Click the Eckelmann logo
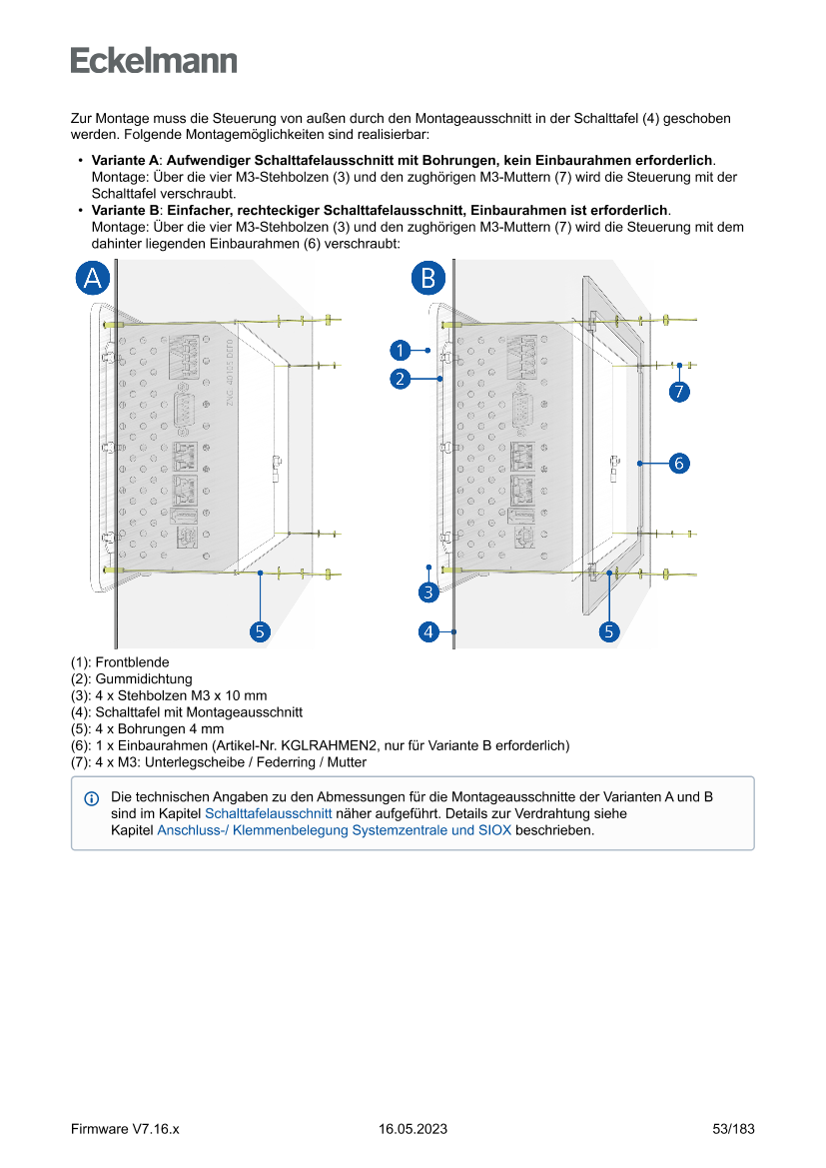tap(154, 60)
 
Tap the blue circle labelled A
tap(93, 278)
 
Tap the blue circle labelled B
tap(427, 278)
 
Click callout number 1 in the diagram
tap(400, 350)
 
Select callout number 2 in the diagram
tap(400, 379)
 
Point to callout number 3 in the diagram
tap(428, 593)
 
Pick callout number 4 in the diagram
tap(428, 631)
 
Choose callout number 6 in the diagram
tap(678, 463)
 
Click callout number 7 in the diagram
tap(678, 392)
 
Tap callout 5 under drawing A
tap(260, 631)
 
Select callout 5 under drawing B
tap(608, 631)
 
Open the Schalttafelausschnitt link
tap(268, 814)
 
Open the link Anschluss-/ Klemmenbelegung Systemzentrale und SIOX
tap(334, 830)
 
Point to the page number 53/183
tap(733, 1129)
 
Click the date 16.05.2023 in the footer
tap(413, 1129)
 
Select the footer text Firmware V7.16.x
tap(124, 1129)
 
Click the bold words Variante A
tap(125, 161)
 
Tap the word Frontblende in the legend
tap(132, 662)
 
